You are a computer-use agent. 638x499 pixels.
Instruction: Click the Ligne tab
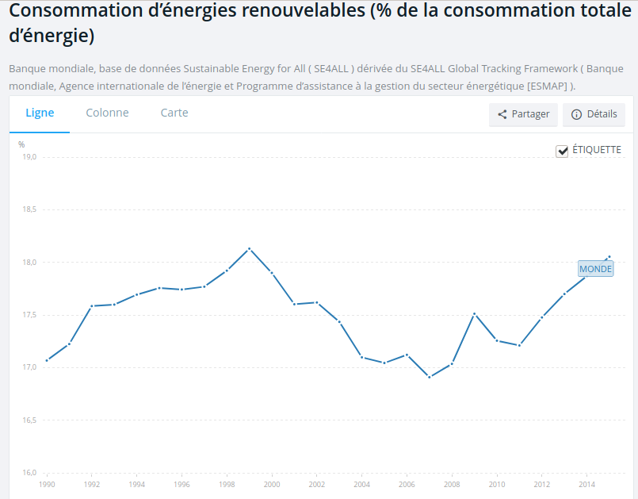(x=40, y=113)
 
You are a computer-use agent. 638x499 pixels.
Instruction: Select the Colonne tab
(x=107, y=113)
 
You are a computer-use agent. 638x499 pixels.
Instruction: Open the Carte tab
(x=174, y=113)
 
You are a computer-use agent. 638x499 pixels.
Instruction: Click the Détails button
(x=594, y=114)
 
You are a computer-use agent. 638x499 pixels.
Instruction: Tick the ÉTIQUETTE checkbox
(x=563, y=151)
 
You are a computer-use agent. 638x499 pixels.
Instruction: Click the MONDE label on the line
(x=596, y=269)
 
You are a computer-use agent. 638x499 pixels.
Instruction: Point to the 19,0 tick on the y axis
(x=29, y=157)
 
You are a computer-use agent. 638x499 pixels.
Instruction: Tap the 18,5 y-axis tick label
(x=29, y=209)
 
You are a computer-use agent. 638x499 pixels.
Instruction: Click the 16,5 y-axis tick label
(x=29, y=420)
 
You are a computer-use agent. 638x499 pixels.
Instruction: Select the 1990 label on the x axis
(x=47, y=484)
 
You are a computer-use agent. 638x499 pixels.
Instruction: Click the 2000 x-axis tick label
(x=272, y=484)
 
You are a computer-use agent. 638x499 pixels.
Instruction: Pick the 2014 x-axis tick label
(x=587, y=484)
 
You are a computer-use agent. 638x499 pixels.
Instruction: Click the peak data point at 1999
(x=250, y=249)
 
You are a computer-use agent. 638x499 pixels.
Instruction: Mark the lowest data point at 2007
(x=430, y=377)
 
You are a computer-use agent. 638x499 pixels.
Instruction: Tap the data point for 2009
(x=475, y=314)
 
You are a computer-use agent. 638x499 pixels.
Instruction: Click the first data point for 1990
(x=47, y=360)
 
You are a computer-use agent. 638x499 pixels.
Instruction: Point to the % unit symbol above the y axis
(x=21, y=144)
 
